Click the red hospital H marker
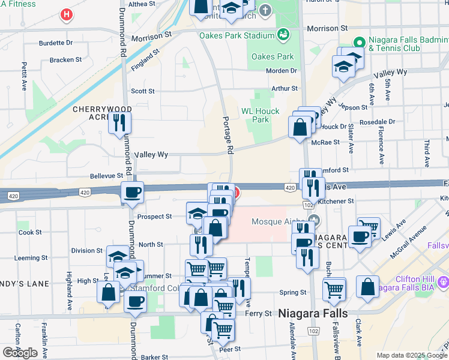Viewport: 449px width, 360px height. click(x=67, y=14)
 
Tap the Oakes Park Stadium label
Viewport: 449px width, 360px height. click(x=237, y=35)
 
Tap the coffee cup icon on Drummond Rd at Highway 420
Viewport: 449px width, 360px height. click(x=133, y=193)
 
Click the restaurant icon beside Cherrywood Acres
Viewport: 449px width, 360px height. click(x=120, y=123)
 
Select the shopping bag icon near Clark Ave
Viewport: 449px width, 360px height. click(x=367, y=287)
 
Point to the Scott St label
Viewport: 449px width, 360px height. click(x=143, y=91)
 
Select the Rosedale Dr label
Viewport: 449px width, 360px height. click(x=377, y=122)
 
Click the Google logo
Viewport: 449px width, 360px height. click(x=20, y=352)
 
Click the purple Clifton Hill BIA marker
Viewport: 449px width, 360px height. click(x=444, y=280)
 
